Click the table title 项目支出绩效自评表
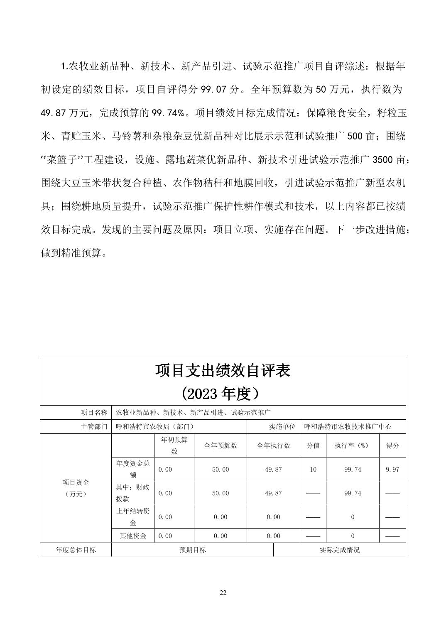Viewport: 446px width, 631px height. [223, 371]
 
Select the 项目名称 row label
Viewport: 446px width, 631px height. [94, 413]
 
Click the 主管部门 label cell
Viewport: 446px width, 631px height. [94, 427]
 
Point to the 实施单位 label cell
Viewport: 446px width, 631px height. [282, 427]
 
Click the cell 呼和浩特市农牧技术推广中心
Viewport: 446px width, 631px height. [348, 427]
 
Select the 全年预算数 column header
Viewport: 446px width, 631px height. [221, 445]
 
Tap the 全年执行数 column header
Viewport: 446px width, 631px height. [273, 445]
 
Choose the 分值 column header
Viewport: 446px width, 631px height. [313, 445]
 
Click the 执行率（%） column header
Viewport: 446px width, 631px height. [352, 445]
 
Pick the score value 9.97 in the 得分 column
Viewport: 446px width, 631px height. [392, 470]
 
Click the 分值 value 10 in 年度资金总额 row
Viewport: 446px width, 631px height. [313, 470]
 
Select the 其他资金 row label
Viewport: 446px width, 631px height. [133, 536]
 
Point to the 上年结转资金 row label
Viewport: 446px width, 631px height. [133, 517]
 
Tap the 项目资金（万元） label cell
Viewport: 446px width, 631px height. [76, 488]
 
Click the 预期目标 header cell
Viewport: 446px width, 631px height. [192, 550]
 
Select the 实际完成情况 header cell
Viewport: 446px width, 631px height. [339, 550]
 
